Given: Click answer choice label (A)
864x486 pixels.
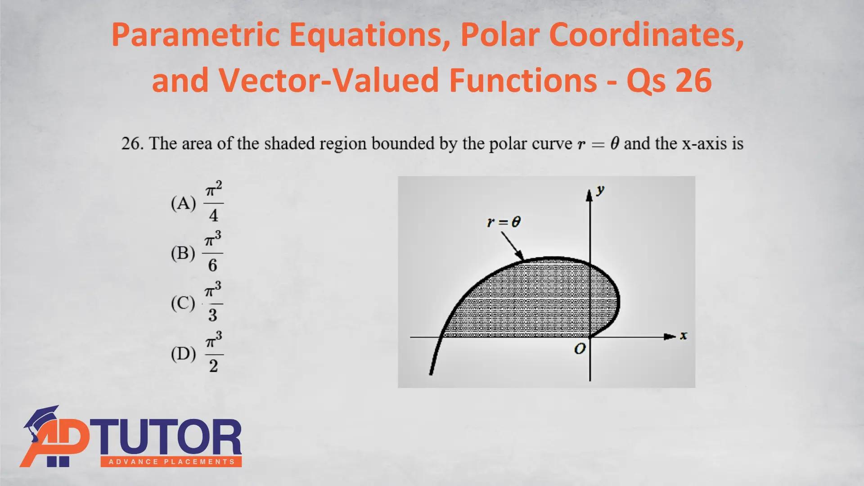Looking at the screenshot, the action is (x=183, y=203).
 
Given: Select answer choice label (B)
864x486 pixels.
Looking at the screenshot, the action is (x=183, y=253).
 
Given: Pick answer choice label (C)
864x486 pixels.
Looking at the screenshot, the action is (x=183, y=303).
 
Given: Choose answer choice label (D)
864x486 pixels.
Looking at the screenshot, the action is (x=183, y=354).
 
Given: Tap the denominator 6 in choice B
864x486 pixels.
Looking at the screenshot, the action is (x=213, y=265).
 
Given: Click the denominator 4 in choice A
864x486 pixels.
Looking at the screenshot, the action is (x=214, y=216).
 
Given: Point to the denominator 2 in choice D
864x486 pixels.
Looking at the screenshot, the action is (x=213, y=366).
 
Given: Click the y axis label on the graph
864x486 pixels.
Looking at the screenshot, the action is (x=600, y=190).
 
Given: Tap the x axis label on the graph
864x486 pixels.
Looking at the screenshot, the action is (x=684, y=336).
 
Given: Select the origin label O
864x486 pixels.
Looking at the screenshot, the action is (x=580, y=349).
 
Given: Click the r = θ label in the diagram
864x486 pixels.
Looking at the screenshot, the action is (x=504, y=222).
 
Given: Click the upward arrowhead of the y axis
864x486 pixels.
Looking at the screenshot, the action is (x=589, y=195).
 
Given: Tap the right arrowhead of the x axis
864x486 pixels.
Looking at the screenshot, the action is (x=670, y=337).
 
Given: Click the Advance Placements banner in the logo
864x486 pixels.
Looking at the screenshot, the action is (x=171, y=462).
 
